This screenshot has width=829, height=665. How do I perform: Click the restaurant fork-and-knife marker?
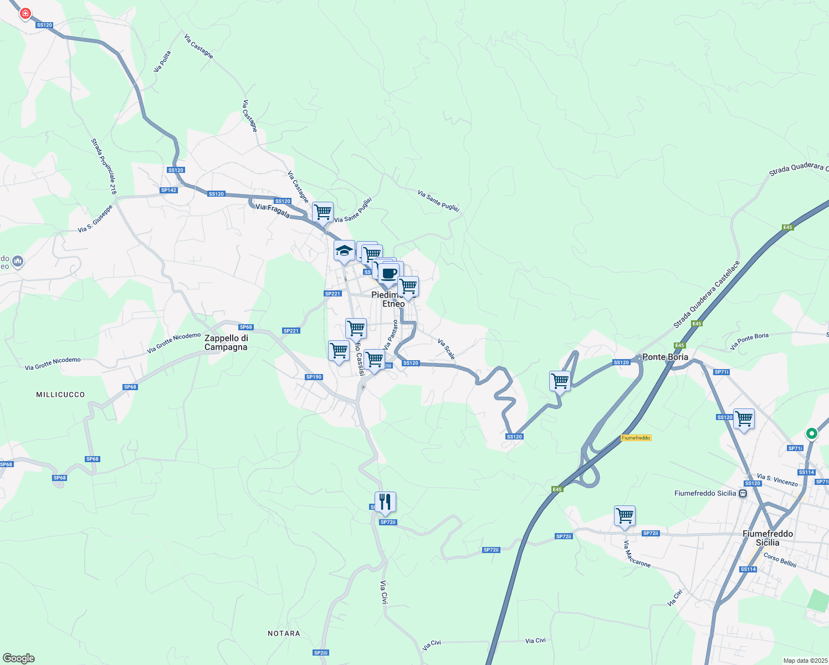pos(385,502)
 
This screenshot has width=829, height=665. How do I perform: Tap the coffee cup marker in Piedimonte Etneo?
pos(389,273)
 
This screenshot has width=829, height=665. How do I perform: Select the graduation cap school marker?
pos(344,250)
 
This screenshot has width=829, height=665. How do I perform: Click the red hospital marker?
pos(25,13)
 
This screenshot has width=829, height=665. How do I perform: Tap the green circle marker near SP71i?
pos(811,433)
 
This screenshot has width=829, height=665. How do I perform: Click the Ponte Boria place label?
pos(665,357)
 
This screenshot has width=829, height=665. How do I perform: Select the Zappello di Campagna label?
pos(226,342)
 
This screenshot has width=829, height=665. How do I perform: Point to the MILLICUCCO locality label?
pos(60,395)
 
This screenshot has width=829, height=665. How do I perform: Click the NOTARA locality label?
pos(284,633)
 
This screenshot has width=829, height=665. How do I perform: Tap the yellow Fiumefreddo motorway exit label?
pos(636,438)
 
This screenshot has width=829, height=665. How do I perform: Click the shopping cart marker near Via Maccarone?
pos(625,516)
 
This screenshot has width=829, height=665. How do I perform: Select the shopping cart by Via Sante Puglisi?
pos(323,212)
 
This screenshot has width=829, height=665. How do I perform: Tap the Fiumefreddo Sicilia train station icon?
pos(743,493)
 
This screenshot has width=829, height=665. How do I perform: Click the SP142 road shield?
pos(168,190)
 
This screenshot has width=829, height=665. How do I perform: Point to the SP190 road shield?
pos(314,377)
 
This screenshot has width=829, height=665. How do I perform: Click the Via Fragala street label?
pos(272,211)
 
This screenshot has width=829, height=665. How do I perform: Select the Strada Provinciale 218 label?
pos(104,166)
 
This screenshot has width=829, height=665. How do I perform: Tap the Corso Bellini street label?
pos(780,560)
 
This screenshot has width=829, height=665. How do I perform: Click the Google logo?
pos(18,658)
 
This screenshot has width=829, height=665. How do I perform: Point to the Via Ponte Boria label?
pos(749,341)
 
